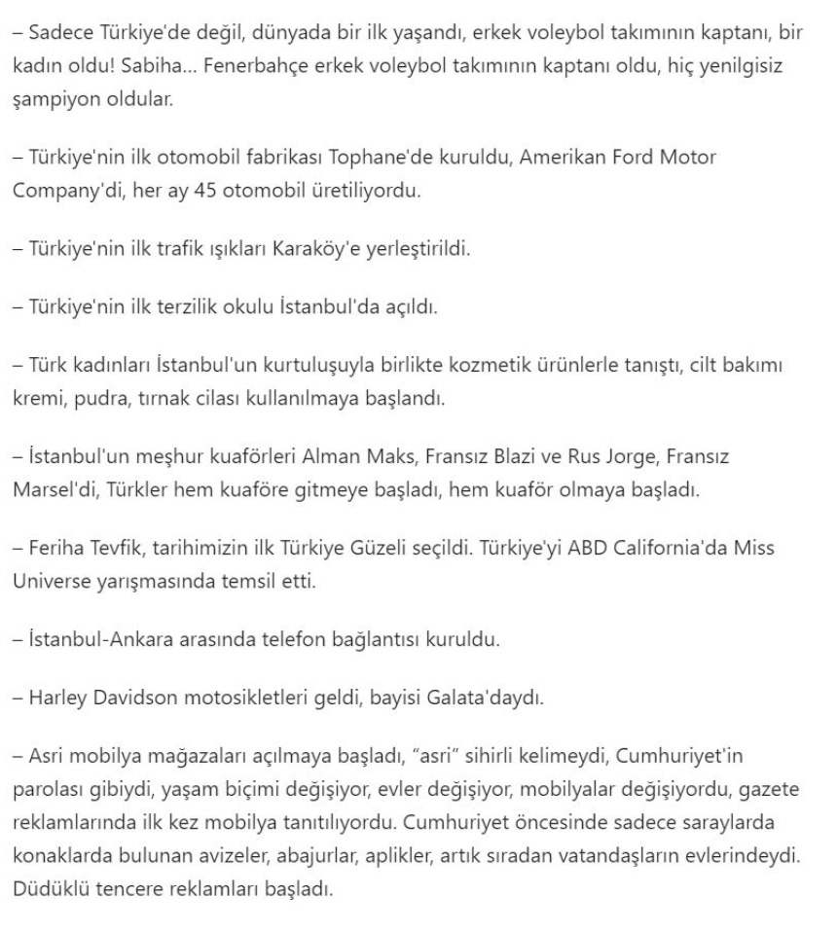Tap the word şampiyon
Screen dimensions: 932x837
[x=54, y=98]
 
